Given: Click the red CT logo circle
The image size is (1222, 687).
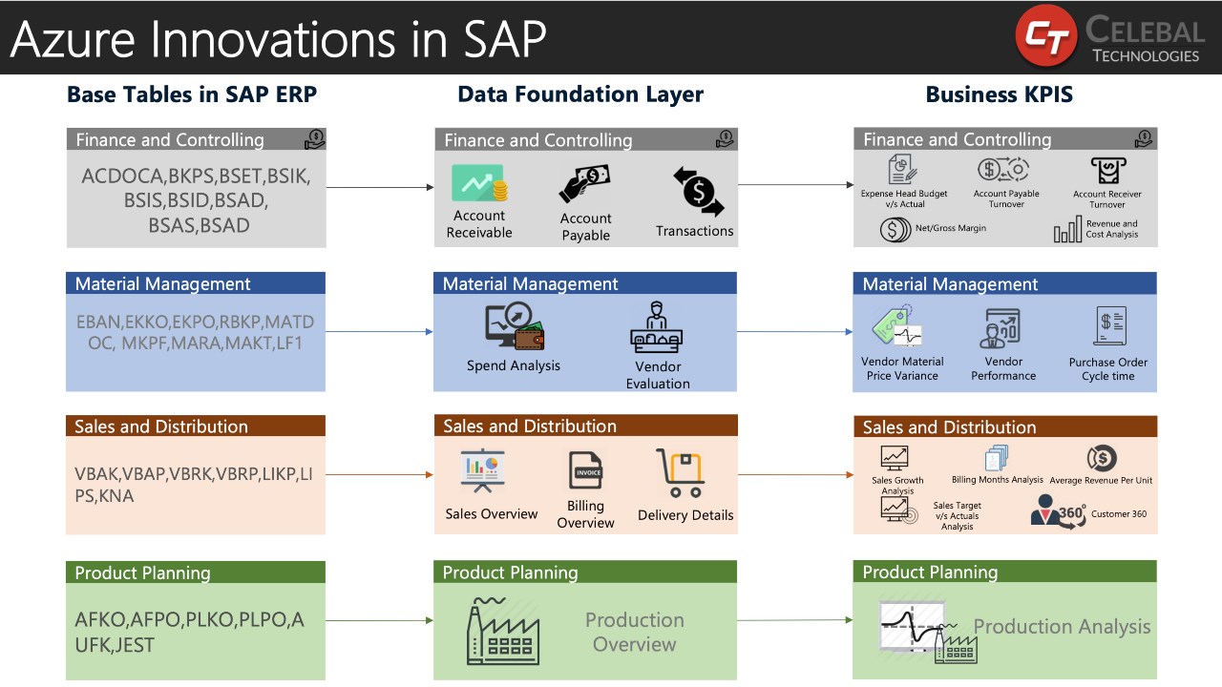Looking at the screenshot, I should coord(1045,36).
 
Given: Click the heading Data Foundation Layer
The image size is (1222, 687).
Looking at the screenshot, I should coord(580,94).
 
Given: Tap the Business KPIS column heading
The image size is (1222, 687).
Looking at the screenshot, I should coord(999,94).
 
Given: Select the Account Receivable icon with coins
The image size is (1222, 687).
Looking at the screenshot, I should coord(479,184).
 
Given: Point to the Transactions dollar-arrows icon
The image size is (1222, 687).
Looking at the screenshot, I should coord(698,191).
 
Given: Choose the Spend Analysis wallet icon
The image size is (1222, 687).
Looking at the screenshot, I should coord(514,327).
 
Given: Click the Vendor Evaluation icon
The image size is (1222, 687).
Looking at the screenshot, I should coord(657,328).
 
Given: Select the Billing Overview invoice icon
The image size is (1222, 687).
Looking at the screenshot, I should coord(585,470).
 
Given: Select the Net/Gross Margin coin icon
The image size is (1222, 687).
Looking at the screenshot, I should coord(894,229).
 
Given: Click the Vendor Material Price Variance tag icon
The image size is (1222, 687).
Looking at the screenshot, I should coord(897,325).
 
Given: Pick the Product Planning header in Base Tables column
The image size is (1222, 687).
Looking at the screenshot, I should coord(142,573).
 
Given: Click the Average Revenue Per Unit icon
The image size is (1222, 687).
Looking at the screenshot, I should coord(1101,459).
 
